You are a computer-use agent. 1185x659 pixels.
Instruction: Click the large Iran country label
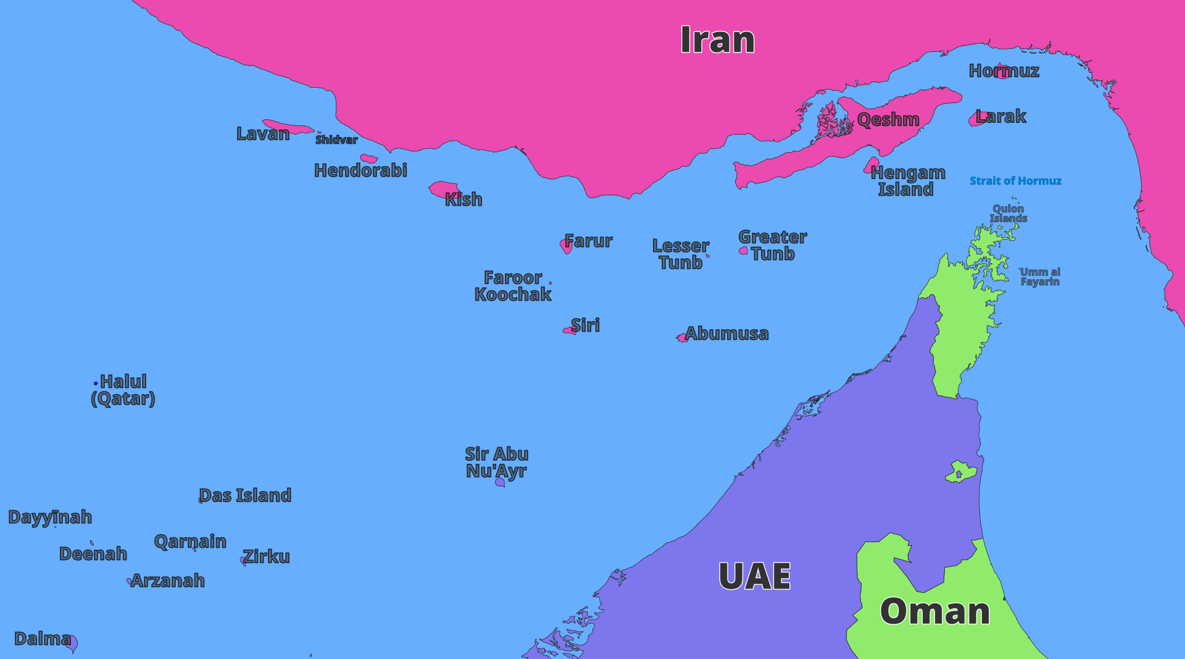click(x=717, y=40)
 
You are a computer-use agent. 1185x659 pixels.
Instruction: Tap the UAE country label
click(x=754, y=576)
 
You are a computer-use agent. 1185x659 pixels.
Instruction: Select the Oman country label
click(x=934, y=611)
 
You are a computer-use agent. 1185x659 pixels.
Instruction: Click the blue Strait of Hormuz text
click(x=1015, y=181)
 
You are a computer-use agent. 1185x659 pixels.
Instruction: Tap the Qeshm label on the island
click(x=888, y=120)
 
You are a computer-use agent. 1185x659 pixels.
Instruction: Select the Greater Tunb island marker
click(x=744, y=251)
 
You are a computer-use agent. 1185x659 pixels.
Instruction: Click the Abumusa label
click(x=727, y=334)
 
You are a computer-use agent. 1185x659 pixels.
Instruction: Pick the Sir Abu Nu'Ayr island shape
click(x=500, y=482)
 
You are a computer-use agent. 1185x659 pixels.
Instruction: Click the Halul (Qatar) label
click(x=123, y=390)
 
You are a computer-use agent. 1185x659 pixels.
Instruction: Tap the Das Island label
click(x=245, y=495)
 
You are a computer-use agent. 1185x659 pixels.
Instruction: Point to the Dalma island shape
click(x=72, y=643)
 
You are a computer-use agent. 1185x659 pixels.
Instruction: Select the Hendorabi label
click(x=360, y=170)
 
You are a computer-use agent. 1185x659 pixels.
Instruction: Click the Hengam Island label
click(x=907, y=181)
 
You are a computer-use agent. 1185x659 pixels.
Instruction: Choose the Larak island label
click(x=1000, y=116)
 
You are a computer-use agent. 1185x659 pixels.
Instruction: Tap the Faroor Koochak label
click(x=512, y=286)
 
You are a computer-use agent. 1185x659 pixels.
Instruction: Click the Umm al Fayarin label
click(x=1040, y=277)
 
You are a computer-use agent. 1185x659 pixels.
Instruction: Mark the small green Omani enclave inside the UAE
click(x=960, y=472)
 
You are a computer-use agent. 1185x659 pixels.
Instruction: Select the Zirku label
click(x=266, y=556)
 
